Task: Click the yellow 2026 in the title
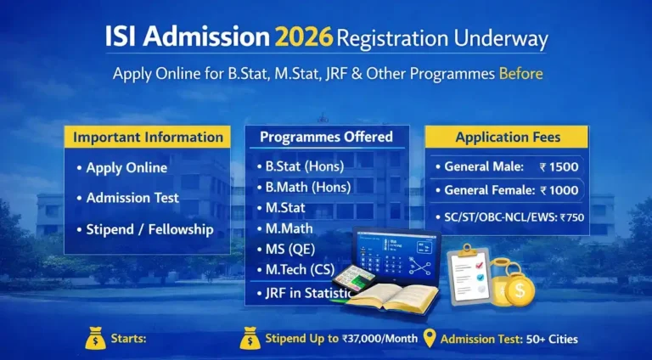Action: [303, 38]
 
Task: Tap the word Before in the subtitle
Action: [520, 74]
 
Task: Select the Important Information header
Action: [148, 137]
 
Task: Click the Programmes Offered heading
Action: [326, 137]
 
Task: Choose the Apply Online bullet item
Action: [126, 167]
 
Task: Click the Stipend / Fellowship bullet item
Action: [149, 229]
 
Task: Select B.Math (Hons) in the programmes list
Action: [308, 187]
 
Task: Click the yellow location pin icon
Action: [429, 337]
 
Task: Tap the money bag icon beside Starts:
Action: [95, 338]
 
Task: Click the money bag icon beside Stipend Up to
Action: [250, 338]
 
